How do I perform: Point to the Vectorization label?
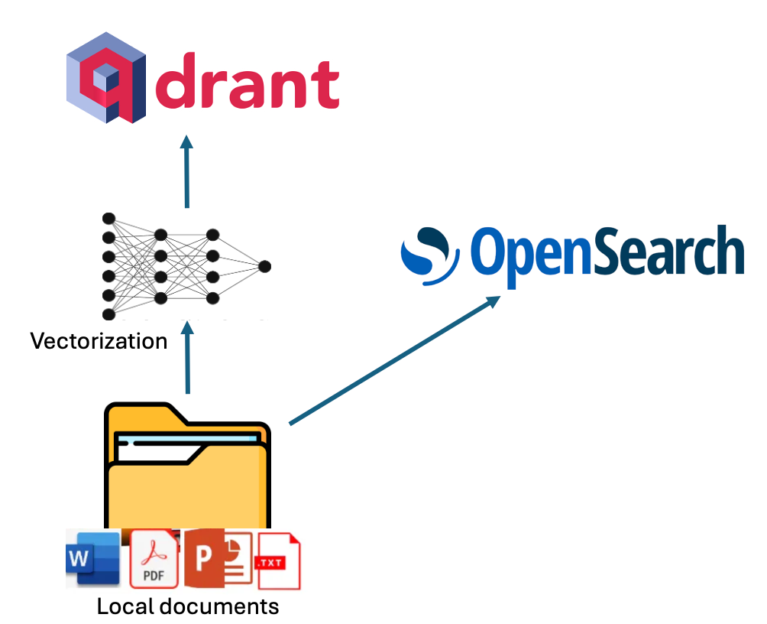(99, 341)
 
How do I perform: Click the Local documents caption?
(187, 607)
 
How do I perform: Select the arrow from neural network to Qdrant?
(186, 172)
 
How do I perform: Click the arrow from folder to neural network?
(186, 359)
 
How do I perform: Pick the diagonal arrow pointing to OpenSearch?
(394, 359)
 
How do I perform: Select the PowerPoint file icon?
(217, 559)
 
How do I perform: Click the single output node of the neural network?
(264, 266)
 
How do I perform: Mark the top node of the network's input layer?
(108, 219)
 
